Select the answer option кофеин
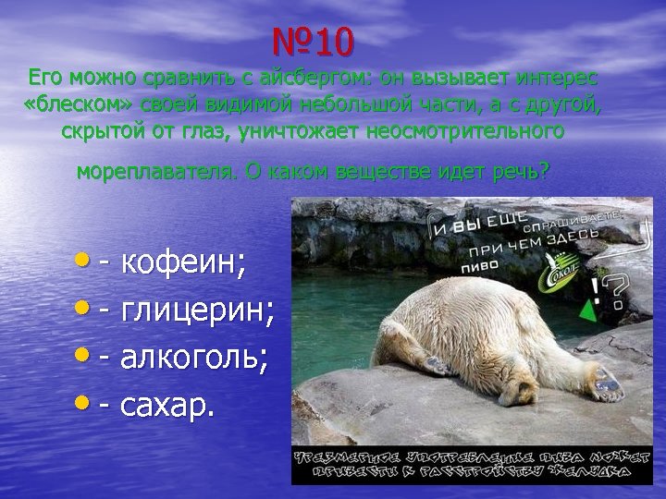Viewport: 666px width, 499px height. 184,264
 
